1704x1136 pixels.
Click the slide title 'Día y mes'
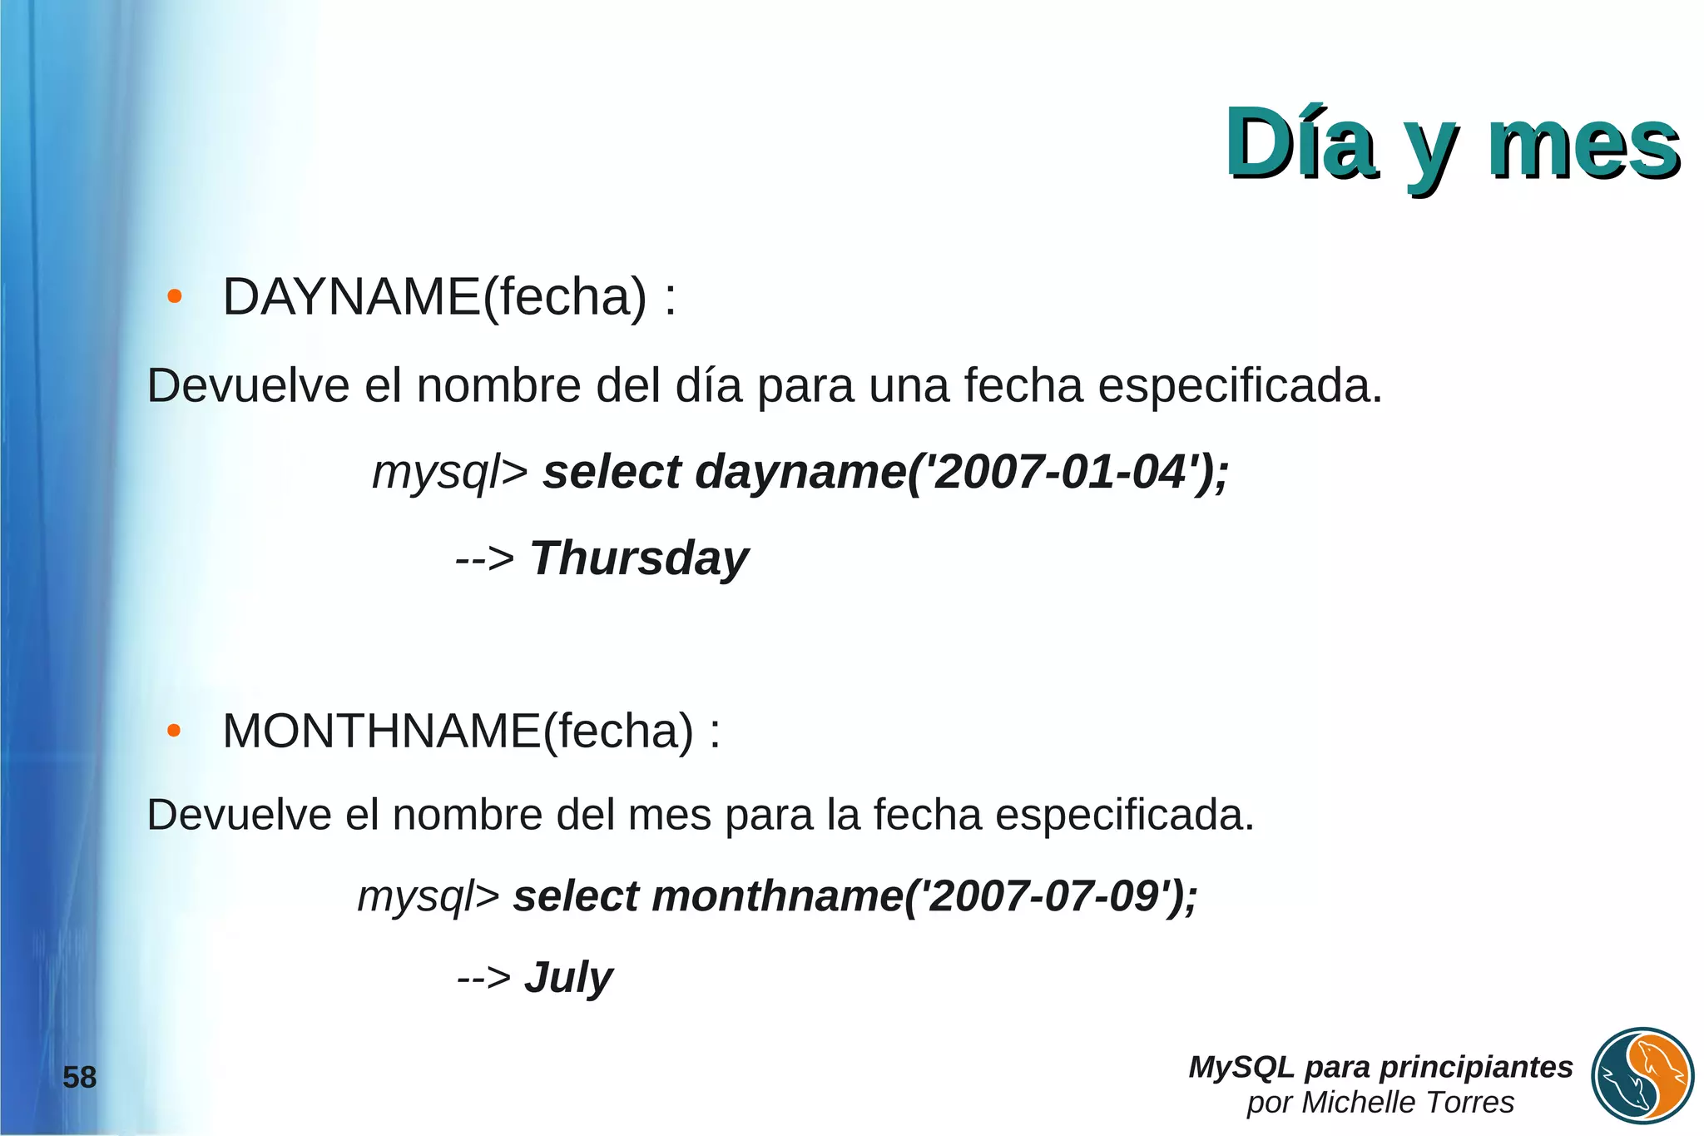click(1452, 145)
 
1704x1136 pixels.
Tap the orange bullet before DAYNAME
click(174, 296)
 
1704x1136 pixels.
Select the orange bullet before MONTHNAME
click(174, 731)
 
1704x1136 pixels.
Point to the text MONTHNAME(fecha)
click(458, 731)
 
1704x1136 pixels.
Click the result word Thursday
click(639, 558)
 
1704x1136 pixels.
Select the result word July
click(568, 977)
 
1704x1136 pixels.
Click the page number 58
click(80, 1078)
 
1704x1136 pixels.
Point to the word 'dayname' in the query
click(800, 472)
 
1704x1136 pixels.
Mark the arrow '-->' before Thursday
click(485, 558)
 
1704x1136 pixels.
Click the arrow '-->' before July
click(484, 978)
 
